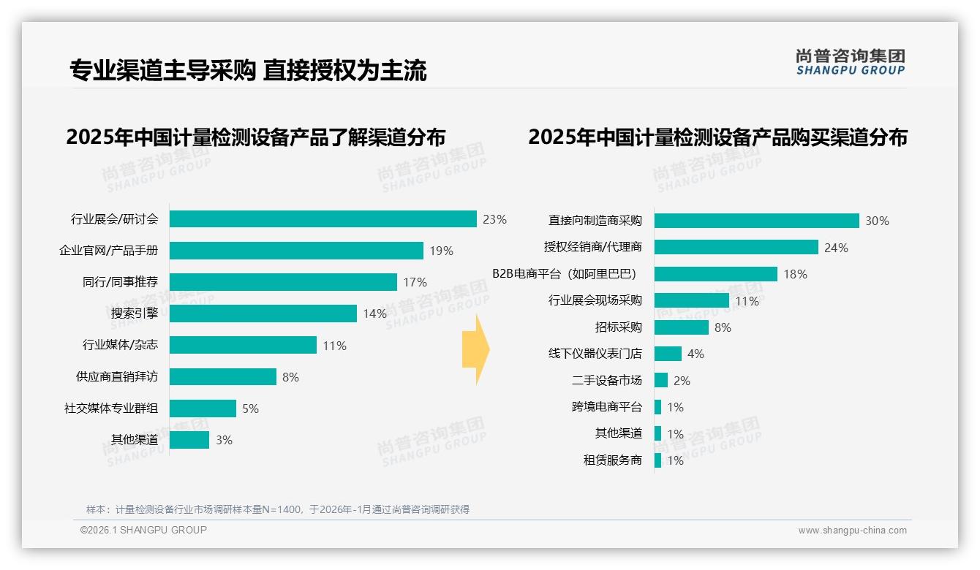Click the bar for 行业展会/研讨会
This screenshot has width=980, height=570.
pos(323,218)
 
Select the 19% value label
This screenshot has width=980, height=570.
pos(441,251)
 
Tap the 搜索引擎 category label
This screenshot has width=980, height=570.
pos(134,313)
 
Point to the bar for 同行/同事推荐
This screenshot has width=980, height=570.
pos(282,282)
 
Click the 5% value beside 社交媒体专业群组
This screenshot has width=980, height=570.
pos(250,408)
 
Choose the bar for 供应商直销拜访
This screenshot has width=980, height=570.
pos(222,376)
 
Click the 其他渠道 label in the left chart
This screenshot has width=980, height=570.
pos(134,440)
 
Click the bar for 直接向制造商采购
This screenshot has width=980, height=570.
pos(756,221)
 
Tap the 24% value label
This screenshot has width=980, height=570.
pos(836,248)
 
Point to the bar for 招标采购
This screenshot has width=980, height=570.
pos(681,327)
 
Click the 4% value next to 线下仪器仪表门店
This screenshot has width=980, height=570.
pos(696,354)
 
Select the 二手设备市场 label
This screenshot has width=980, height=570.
pos(606,381)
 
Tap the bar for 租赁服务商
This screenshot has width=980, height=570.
pos(657,460)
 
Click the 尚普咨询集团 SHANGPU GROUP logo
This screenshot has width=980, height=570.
pos(850,61)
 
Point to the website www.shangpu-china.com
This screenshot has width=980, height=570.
pos(852,531)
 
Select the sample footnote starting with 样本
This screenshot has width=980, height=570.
pos(277,509)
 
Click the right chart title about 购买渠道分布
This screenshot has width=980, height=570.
pos(717,137)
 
